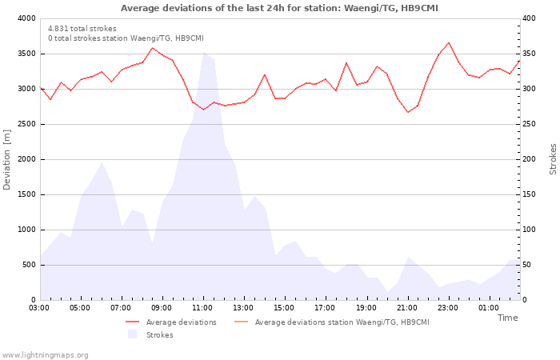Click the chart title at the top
(279, 8)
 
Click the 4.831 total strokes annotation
(82, 29)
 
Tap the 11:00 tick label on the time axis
(203, 307)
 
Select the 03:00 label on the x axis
(39, 307)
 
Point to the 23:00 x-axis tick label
(448, 307)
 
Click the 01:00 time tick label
(489, 307)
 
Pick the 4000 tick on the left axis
(26, 18)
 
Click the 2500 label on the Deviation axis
(26, 124)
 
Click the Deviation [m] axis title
(7, 159)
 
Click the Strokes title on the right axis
(553, 159)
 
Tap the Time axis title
(507, 318)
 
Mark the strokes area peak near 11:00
(203, 53)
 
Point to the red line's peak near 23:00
(449, 42)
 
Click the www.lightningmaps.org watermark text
(45, 354)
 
